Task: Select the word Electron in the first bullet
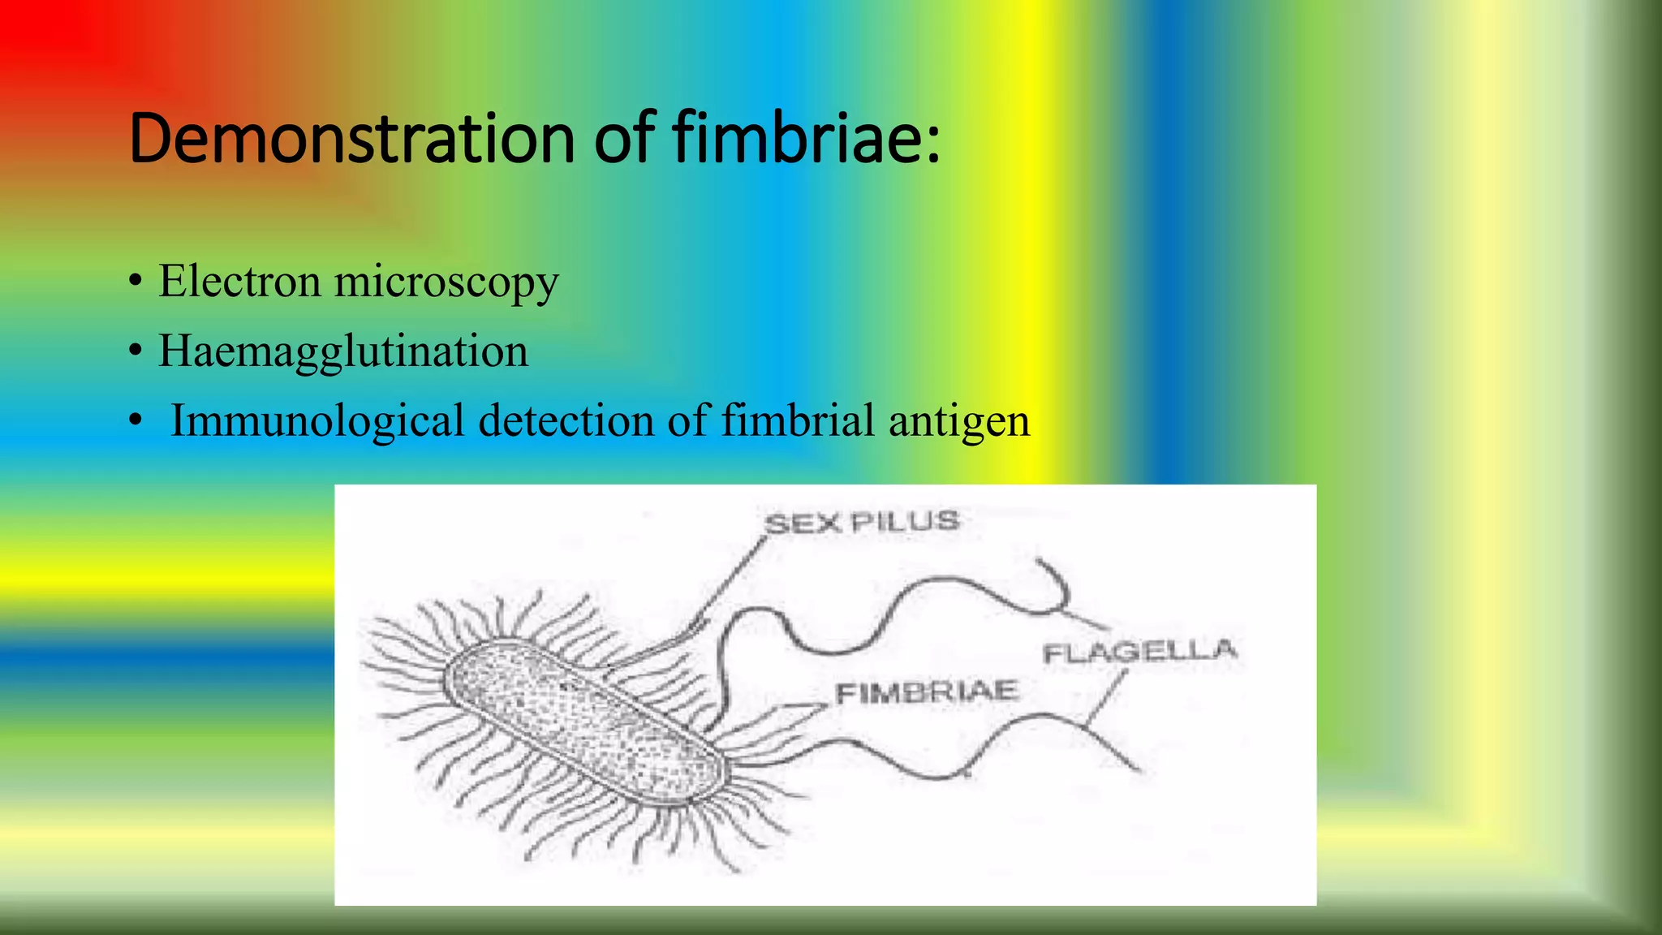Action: [x=239, y=282]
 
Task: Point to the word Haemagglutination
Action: [x=342, y=352]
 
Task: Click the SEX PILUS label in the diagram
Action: [x=862, y=522]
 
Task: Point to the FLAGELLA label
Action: [x=1139, y=652]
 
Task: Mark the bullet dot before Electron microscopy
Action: [x=136, y=282]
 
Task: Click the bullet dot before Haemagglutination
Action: [x=136, y=352]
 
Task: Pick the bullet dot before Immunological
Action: [x=136, y=422]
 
